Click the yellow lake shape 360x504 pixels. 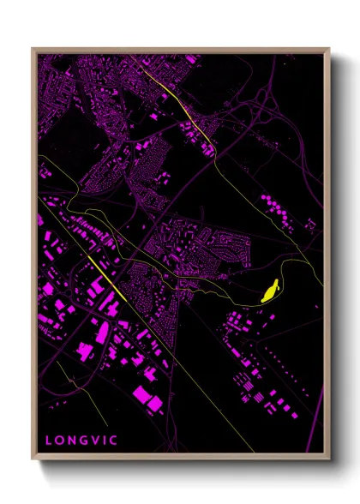click(x=271, y=292)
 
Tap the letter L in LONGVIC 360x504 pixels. click(x=50, y=441)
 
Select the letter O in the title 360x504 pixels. click(x=62, y=441)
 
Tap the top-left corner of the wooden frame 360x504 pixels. click(x=33, y=49)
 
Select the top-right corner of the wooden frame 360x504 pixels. click(x=329, y=49)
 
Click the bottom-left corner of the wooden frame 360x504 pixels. click(x=33, y=459)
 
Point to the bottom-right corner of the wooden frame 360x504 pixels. click(x=329, y=459)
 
